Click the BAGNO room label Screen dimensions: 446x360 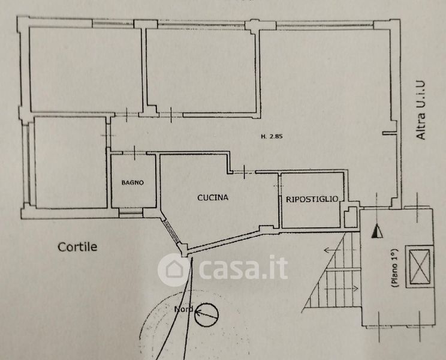(x=132, y=183)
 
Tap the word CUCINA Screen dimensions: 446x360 (x=213, y=196)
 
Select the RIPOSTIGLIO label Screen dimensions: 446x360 (x=312, y=199)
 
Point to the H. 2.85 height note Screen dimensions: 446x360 (x=272, y=136)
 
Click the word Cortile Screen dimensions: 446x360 (x=77, y=246)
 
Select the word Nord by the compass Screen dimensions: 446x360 (x=183, y=310)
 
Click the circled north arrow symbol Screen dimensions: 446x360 (x=207, y=313)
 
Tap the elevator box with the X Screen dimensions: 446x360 (x=419, y=263)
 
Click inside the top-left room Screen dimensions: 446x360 (x=78, y=69)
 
